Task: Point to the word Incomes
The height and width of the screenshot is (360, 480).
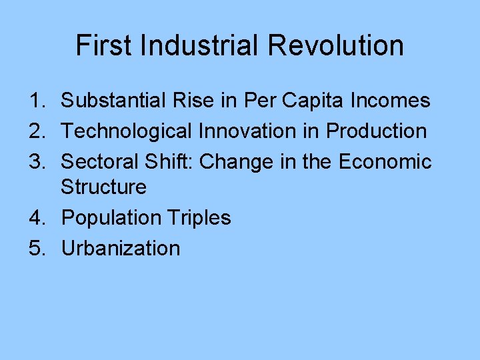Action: coord(389,101)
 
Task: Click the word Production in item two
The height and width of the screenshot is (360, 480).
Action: coord(376,131)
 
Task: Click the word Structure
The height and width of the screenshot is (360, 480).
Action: coord(103,187)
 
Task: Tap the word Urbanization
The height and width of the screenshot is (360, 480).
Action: coord(121,248)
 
